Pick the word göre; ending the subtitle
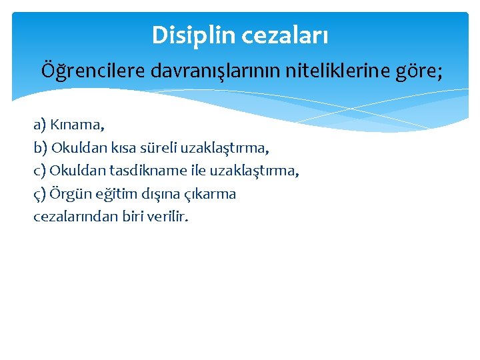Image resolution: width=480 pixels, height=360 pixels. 417,70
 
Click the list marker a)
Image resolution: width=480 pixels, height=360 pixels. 40,124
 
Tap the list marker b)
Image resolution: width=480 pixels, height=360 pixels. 40,147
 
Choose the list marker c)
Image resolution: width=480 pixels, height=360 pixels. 40,171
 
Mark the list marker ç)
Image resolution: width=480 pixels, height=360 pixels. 40,194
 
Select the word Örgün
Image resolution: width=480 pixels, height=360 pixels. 69,194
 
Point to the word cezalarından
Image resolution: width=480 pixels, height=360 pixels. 71,217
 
